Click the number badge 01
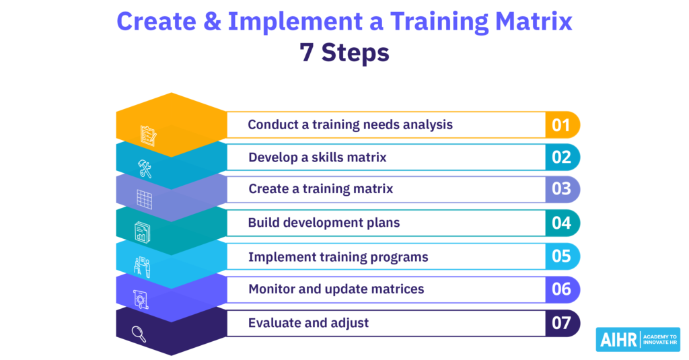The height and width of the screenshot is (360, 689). (x=563, y=125)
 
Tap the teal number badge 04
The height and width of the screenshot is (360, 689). (x=563, y=223)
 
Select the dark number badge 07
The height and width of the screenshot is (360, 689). (x=563, y=323)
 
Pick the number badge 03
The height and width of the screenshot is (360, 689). (x=563, y=189)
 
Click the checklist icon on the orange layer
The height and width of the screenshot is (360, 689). (x=148, y=135)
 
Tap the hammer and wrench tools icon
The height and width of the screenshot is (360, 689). (x=145, y=169)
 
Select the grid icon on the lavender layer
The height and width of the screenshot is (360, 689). (x=144, y=200)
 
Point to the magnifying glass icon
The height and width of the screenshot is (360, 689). (x=139, y=334)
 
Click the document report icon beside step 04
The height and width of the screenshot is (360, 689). (x=143, y=232)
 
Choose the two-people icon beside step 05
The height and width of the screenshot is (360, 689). (x=142, y=267)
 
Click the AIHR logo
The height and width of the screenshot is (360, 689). (x=638, y=339)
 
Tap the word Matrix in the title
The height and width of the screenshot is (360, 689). (x=534, y=21)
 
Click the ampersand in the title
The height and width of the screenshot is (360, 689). (x=212, y=21)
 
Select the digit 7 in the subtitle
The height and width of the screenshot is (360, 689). (x=307, y=52)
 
